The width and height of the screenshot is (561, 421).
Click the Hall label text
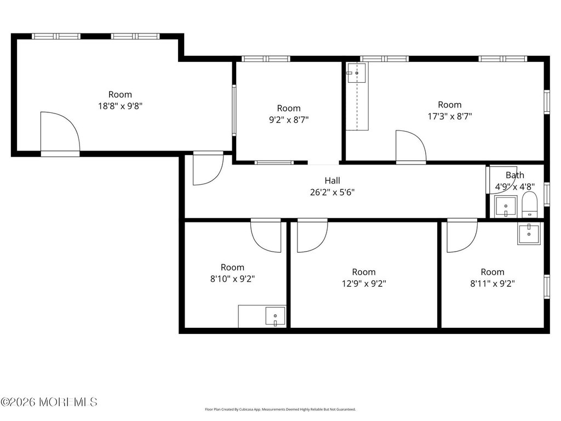pyautogui.click(x=332, y=180)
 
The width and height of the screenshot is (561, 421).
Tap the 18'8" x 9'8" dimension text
pyautogui.click(x=120, y=106)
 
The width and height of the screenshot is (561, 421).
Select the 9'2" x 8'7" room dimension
pyautogui.click(x=289, y=120)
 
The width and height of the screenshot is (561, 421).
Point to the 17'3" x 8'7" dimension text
pyautogui.click(x=450, y=116)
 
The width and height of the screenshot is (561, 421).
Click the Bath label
pyautogui.click(x=514, y=175)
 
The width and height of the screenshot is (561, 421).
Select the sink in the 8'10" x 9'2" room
pyautogui.click(x=275, y=316)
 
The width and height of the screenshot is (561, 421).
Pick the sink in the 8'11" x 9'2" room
pyautogui.click(x=529, y=234)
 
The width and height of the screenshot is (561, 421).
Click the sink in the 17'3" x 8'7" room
pyautogui.click(x=357, y=72)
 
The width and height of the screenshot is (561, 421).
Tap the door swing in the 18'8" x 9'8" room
pyautogui.click(x=60, y=132)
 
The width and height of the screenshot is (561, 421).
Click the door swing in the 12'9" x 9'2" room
pyautogui.click(x=312, y=236)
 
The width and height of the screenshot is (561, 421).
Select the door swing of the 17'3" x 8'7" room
pyautogui.click(x=410, y=146)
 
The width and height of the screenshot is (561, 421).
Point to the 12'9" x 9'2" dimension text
pyautogui.click(x=364, y=284)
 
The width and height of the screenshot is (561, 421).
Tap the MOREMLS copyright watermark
pyautogui.click(x=49, y=402)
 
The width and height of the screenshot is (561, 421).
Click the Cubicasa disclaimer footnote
pyautogui.click(x=280, y=409)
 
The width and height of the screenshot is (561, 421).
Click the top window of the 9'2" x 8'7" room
pyautogui.click(x=266, y=59)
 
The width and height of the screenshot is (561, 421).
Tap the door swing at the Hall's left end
pyautogui.click(x=208, y=169)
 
